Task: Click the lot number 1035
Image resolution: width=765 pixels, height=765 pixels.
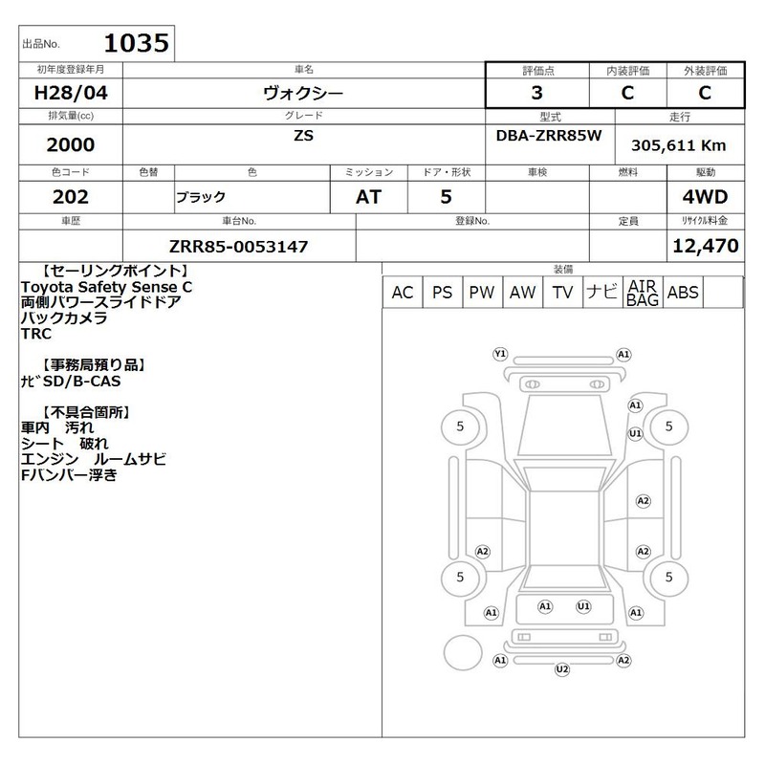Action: pos(137,43)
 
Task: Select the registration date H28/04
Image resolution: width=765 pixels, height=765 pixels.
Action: pos(71,93)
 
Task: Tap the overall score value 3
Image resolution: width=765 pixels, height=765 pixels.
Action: pos(536,93)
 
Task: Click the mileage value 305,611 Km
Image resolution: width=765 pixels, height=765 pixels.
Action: pos(679,145)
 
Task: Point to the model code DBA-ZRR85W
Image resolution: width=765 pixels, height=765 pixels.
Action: pos(549,135)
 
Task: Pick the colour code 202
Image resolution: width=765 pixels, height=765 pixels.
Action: pos(71,197)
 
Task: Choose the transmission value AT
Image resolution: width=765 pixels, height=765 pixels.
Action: pos(368,197)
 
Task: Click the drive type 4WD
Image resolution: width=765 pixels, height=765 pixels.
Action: pos(705,197)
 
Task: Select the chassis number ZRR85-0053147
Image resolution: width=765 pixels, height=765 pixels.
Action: pos(238,247)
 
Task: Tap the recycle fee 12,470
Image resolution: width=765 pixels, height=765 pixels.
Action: pos(706,246)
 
